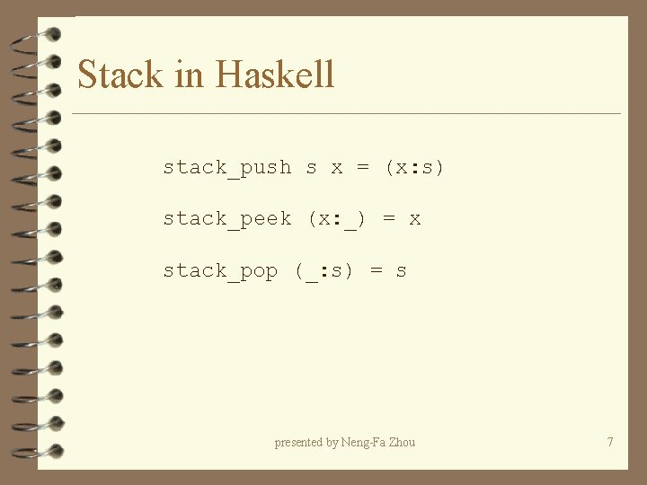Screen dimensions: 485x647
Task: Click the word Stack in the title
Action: pyautogui.click(x=121, y=74)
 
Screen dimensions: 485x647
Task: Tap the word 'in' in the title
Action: pyautogui.click(x=190, y=74)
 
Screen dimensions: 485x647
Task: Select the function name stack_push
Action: pyautogui.click(x=227, y=168)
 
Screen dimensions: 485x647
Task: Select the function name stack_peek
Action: pyautogui.click(x=227, y=219)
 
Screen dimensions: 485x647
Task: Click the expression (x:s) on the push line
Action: pyautogui.click(x=414, y=168)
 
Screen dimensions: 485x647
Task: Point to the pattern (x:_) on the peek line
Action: pyautogui.click(x=337, y=219)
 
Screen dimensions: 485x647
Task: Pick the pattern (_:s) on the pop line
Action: pyautogui.click(x=324, y=271)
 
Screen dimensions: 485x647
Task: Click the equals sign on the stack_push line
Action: pyautogui.click(x=362, y=168)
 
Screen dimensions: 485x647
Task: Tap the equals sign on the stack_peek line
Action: pyautogui.click(x=388, y=219)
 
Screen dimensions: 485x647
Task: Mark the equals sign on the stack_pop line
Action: pyautogui.click(x=376, y=271)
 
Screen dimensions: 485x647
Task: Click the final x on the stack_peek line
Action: pyautogui.click(x=414, y=219)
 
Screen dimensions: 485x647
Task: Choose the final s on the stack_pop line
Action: pyautogui.click(x=401, y=271)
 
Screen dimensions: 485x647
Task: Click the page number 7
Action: pyautogui.click(x=610, y=442)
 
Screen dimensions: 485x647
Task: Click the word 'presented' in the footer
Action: pyautogui.click(x=299, y=442)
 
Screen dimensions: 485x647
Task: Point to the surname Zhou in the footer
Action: pyautogui.click(x=401, y=442)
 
